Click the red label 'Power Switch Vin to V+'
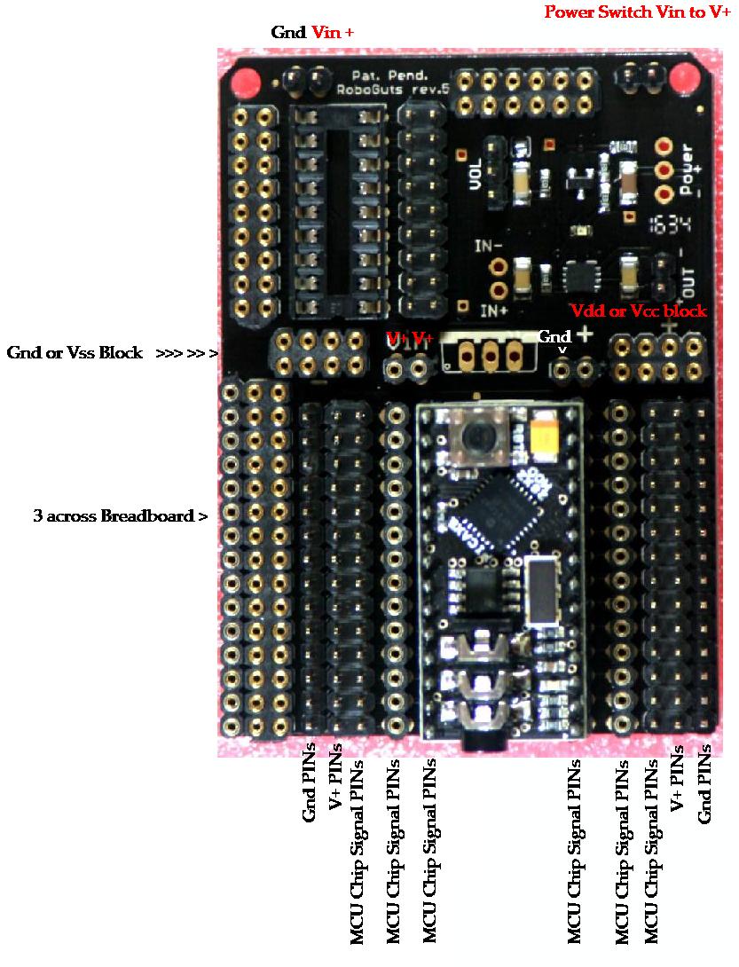click(637, 12)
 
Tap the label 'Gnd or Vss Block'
click(75, 353)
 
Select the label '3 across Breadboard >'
click(121, 515)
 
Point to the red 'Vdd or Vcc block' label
click(638, 311)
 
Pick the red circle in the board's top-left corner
click(245, 82)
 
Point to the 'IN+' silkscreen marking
click(493, 311)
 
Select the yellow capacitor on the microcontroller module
click(545, 437)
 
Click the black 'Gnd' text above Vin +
click(288, 33)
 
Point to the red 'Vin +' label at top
click(333, 33)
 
